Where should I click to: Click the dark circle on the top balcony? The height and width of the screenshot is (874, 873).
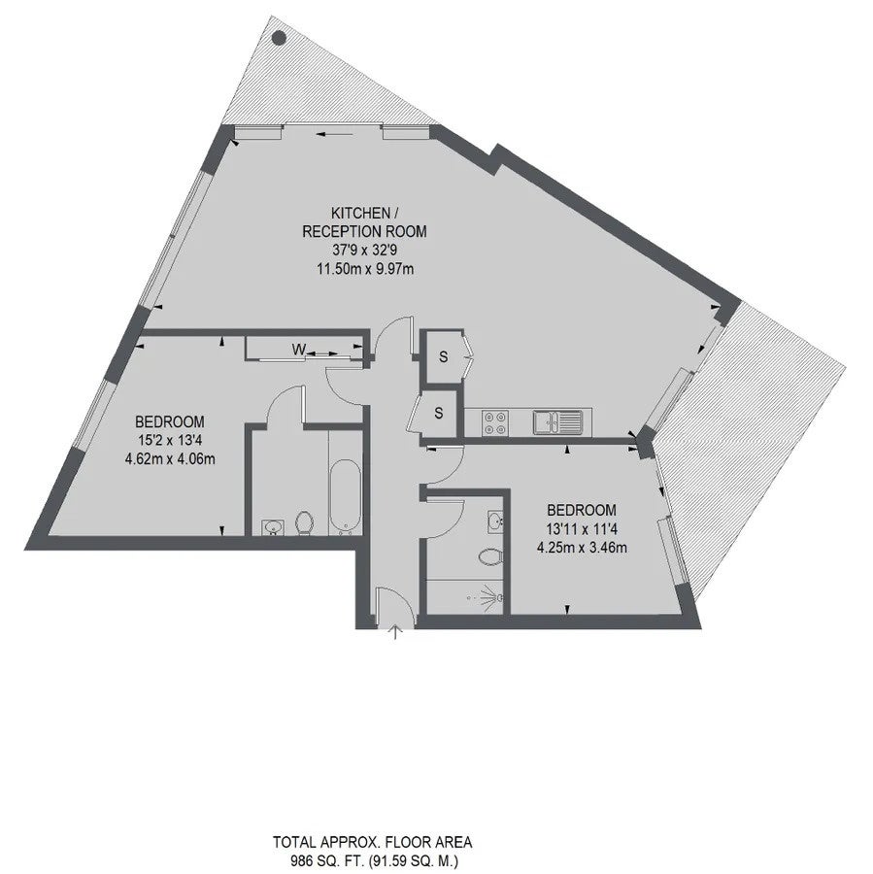tap(279, 39)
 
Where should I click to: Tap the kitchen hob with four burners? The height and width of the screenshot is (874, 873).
tap(495, 422)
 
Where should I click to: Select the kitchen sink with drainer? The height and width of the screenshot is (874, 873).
tap(557, 422)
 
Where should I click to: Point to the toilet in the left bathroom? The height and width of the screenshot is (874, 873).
tap(304, 523)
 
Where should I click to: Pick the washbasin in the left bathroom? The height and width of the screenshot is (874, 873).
tap(272, 526)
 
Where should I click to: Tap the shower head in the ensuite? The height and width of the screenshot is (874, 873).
tap(492, 595)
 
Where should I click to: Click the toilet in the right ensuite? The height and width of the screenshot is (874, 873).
tap(492, 555)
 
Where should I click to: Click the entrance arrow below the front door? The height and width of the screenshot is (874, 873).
tap(395, 631)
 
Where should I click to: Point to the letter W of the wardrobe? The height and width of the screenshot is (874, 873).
tap(299, 351)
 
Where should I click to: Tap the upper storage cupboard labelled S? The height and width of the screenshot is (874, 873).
tap(443, 356)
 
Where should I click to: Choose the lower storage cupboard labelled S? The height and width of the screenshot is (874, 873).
tap(439, 413)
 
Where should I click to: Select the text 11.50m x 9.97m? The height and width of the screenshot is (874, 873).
tap(364, 270)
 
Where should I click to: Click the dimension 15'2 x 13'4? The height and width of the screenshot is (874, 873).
tap(170, 440)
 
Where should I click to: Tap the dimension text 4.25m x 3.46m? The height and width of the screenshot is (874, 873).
tap(582, 548)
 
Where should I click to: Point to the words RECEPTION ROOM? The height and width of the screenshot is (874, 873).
tap(364, 232)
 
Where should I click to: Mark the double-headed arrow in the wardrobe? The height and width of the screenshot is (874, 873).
tap(321, 353)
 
